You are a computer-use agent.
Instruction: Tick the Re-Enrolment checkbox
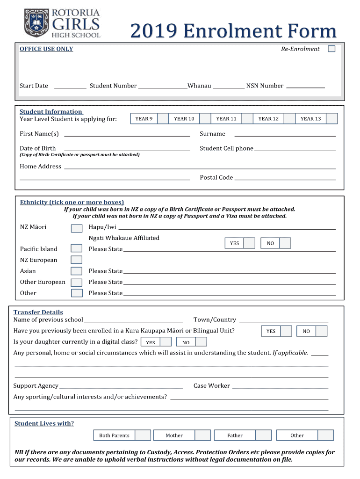point(331,49)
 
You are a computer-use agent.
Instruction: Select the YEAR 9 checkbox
point(163,119)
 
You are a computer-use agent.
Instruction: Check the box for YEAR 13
point(331,119)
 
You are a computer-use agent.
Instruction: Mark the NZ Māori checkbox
point(76,228)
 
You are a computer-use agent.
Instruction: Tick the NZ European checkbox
point(76,260)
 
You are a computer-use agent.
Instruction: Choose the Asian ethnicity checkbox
point(76,271)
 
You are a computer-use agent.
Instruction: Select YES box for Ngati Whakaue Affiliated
point(249,243)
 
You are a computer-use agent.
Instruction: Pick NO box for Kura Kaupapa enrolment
point(321,331)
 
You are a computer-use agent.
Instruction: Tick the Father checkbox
point(263,435)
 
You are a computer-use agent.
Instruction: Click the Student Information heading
point(51,111)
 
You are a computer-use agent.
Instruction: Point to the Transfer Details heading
point(38,312)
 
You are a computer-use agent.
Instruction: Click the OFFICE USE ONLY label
point(46,49)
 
